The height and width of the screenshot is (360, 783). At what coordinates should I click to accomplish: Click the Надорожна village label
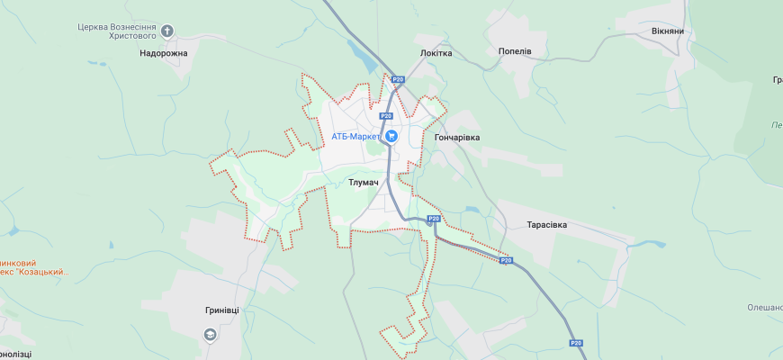click(164, 53)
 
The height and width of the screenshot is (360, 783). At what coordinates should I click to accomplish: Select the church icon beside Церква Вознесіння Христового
click(167, 31)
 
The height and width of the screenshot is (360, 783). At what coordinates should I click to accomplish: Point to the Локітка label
click(436, 53)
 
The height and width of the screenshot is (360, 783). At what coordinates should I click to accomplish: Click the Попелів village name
click(515, 51)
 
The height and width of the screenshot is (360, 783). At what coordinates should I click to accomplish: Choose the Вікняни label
click(668, 31)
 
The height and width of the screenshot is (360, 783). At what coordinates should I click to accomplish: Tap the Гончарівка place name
click(457, 137)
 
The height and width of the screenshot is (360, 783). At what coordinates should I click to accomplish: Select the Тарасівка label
click(546, 224)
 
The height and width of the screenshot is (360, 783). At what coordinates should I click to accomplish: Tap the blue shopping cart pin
click(391, 136)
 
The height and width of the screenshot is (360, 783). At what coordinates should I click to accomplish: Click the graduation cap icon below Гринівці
click(210, 334)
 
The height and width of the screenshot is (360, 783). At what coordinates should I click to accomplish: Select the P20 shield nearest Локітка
click(396, 80)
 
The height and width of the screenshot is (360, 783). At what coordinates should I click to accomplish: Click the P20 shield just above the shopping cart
click(386, 115)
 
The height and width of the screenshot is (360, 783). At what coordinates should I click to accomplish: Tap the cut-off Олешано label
click(764, 308)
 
